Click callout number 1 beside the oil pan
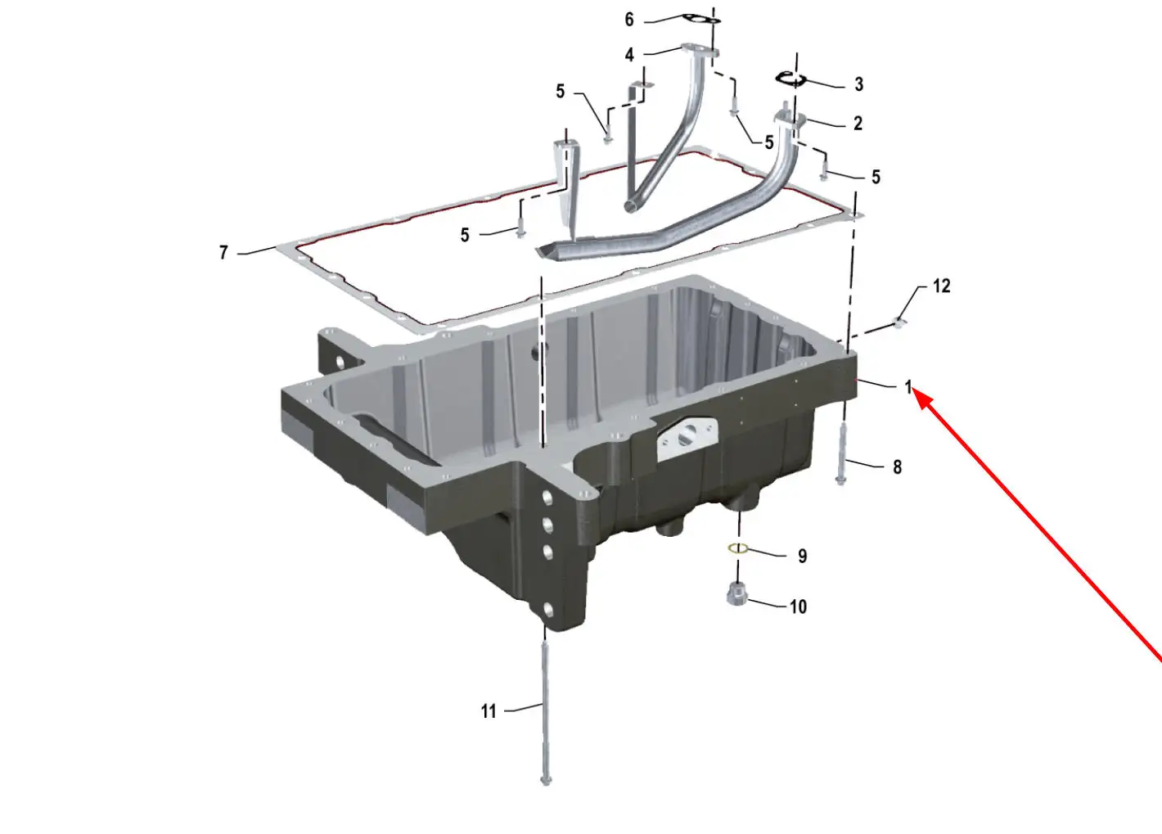(x=908, y=387)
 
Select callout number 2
(x=858, y=124)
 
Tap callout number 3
(x=859, y=84)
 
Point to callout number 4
(x=629, y=55)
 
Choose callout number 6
(x=629, y=20)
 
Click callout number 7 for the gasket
(x=223, y=253)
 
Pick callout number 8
(x=898, y=467)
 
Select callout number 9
(x=803, y=557)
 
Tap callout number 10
(x=799, y=606)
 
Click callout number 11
(x=489, y=711)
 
